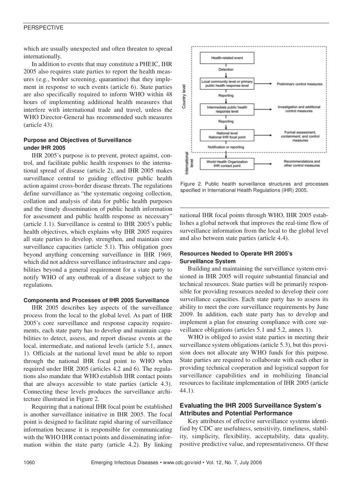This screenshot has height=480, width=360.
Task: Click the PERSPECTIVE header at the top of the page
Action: (x=43, y=27)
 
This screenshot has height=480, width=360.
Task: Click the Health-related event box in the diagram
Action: (x=227, y=58)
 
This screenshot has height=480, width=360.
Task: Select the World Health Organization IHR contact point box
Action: (x=227, y=164)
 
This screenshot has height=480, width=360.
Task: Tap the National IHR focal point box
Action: (x=227, y=135)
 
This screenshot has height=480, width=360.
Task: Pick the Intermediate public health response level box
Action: (x=227, y=109)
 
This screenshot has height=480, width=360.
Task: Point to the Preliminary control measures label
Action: (x=300, y=84)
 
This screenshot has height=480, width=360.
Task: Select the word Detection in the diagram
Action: (x=226, y=70)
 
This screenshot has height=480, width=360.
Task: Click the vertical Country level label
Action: (x=184, y=96)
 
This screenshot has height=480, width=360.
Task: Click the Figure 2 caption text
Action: (x=254, y=187)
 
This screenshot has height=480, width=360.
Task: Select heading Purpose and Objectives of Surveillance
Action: (x=77, y=140)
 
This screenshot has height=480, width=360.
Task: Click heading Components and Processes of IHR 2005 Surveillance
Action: (x=96, y=300)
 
